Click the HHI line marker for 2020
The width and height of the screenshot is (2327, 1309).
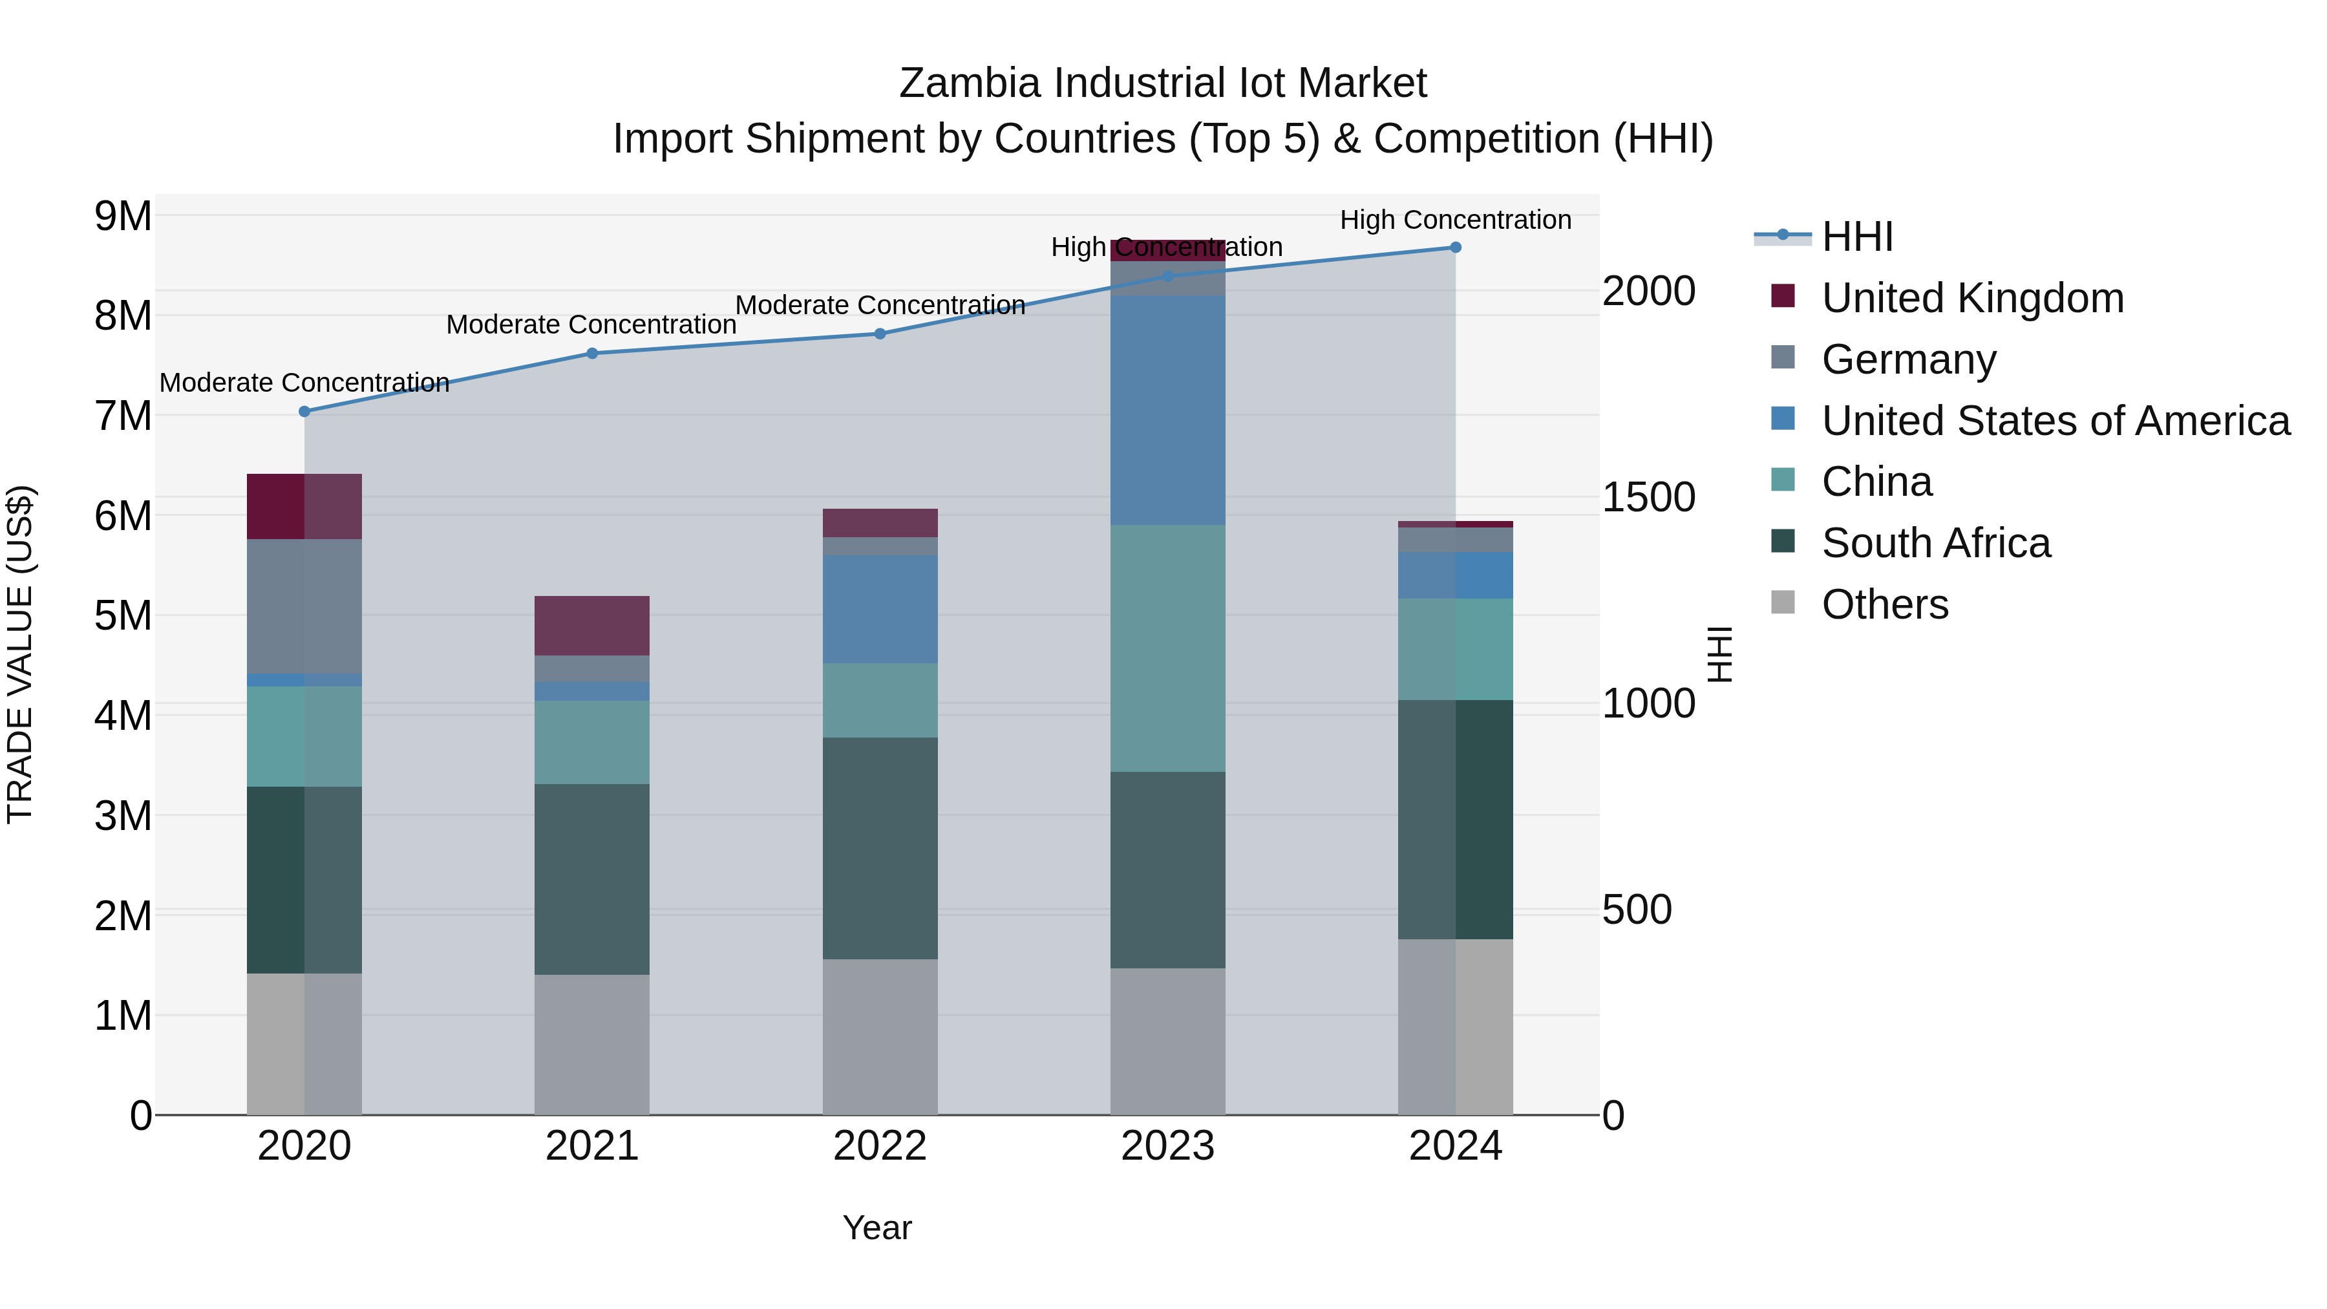(304, 412)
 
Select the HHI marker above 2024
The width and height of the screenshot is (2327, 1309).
(1455, 248)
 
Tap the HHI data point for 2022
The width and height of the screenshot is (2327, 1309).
(880, 334)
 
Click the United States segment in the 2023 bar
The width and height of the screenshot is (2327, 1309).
(1167, 410)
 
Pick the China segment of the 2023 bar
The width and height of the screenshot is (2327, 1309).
(1167, 648)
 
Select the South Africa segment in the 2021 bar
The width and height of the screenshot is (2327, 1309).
(591, 879)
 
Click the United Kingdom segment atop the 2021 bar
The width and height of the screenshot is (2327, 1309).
(591, 625)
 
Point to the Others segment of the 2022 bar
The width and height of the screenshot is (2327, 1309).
(880, 1036)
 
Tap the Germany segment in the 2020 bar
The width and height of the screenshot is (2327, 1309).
(304, 606)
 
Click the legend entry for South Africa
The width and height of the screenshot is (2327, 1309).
(1935, 544)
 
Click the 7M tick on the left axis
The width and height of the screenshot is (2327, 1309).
(123, 416)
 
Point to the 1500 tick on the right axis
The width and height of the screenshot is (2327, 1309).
(1648, 498)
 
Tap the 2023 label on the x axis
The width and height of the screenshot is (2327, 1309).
(1167, 1146)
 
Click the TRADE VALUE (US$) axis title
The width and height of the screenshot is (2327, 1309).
(20, 654)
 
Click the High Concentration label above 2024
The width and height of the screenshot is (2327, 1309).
(1455, 220)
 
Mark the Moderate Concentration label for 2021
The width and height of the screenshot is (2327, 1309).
(591, 325)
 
